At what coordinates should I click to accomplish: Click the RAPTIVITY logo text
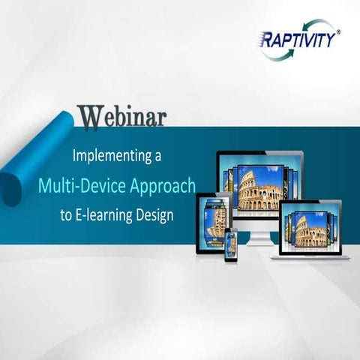pos(297,39)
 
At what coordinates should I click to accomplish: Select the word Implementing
pos(106,157)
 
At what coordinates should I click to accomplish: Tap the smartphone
pos(231,245)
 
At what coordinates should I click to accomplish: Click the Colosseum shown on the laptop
pos(310,232)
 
